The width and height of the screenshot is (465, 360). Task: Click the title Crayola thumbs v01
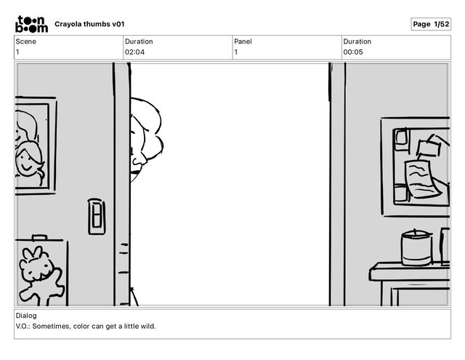click(x=89, y=24)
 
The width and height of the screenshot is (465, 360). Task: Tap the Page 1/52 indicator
click(x=431, y=24)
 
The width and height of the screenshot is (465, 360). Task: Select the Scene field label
click(x=26, y=41)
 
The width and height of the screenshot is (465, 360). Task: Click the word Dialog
click(x=26, y=316)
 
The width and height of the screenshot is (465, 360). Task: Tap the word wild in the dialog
click(x=148, y=326)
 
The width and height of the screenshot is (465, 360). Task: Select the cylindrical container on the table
click(x=416, y=249)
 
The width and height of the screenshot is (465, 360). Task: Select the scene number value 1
click(x=18, y=52)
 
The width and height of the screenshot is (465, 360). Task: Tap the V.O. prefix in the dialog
click(x=23, y=326)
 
